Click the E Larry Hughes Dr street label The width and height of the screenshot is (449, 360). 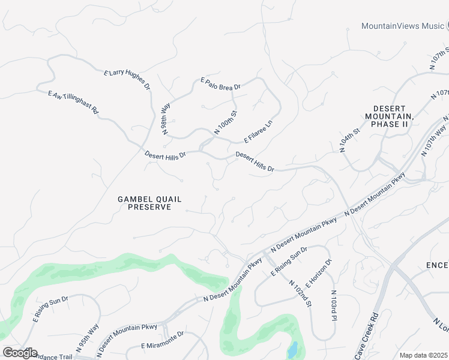(127, 80)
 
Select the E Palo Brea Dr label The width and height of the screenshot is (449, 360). (220, 83)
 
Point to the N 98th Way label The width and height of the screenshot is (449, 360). (166, 118)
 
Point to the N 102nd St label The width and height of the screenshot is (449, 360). (300, 293)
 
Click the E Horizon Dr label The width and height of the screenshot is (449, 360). (318, 274)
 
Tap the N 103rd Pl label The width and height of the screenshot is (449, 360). (333, 305)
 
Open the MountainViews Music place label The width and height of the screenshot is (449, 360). (402, 26)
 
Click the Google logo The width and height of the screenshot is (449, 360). (20, 352)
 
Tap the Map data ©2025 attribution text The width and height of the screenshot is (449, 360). (423, 355)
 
